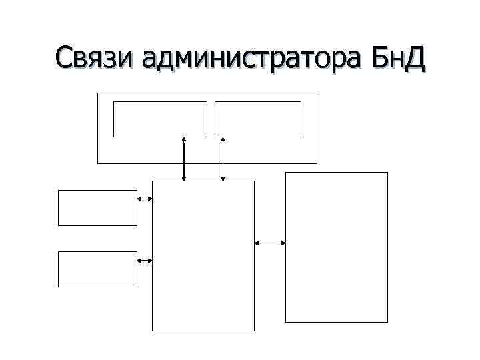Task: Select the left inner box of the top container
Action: (160, 119)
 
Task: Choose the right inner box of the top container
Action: (258, 119)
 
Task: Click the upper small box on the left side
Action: (97, 208)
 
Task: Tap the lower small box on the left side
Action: (97, 269)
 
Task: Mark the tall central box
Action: (203, 255)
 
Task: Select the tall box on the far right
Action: (337, 247)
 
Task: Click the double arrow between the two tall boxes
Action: (270, 243)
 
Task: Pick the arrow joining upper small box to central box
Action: (145, 199)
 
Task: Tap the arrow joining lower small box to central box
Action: (145, 260)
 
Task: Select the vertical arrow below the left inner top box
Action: (184, 159)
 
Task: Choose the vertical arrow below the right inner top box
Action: (223, 159)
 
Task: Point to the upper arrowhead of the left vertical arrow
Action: (184, 139)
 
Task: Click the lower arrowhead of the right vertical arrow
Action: (223, 178)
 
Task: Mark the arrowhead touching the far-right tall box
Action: (283, 243)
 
